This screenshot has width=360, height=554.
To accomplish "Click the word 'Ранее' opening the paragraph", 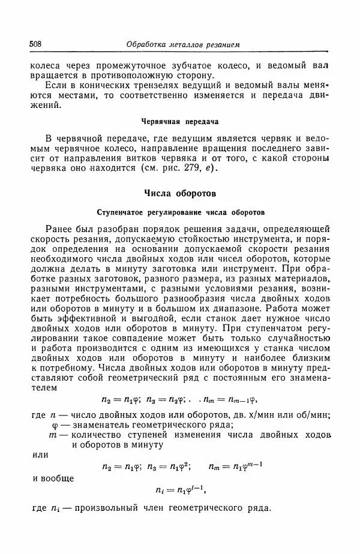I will (x=59, y=229).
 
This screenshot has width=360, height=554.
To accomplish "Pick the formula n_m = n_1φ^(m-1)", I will (x=236, y=466).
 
